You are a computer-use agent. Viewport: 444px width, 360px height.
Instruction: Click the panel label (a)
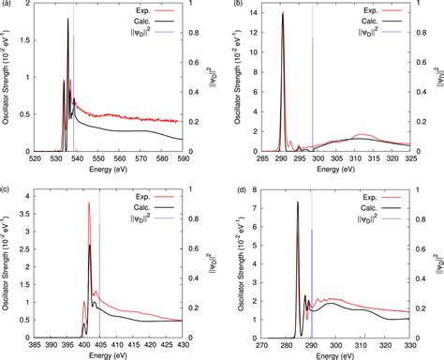[x=7, y=6]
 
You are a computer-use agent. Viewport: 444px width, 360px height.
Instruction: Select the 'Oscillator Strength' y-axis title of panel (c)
[x=7, y=265]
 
